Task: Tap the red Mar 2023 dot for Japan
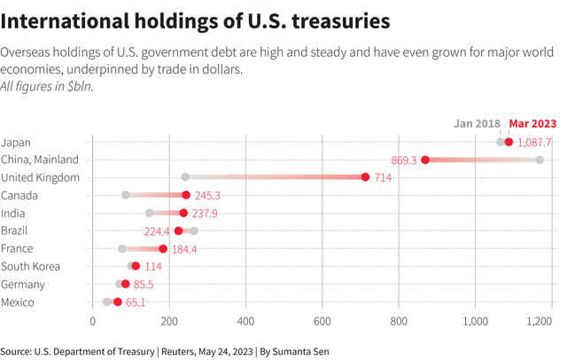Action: coord(509,142)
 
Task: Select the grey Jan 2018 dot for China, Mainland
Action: coord(539,160)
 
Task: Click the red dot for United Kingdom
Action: coord(365,177)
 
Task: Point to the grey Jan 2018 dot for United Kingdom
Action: coord(185,177)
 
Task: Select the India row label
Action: coord(14,213)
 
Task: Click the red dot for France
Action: coord(163,249)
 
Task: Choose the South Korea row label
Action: coord(31,266)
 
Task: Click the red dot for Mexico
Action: coord(118,302)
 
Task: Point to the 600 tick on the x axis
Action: coord(322,321)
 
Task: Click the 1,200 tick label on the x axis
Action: coord(539,321)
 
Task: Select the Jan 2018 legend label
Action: coord(478,123)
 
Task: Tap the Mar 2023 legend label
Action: coord(532,123)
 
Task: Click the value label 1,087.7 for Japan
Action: coord(535,143)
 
